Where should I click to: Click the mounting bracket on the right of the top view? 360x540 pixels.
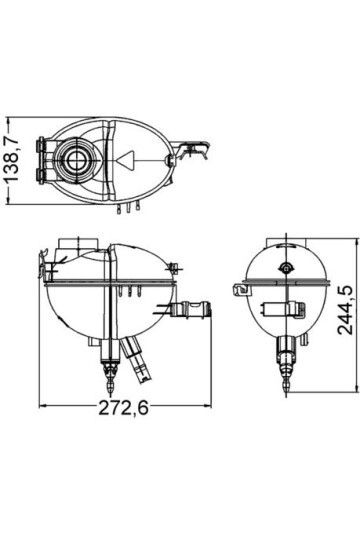tap(196, 152)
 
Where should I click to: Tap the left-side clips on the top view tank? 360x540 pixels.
tap(41, 161)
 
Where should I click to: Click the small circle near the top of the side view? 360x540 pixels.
tap(287, 268)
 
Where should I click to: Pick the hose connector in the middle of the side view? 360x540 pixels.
tap(291, 306)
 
